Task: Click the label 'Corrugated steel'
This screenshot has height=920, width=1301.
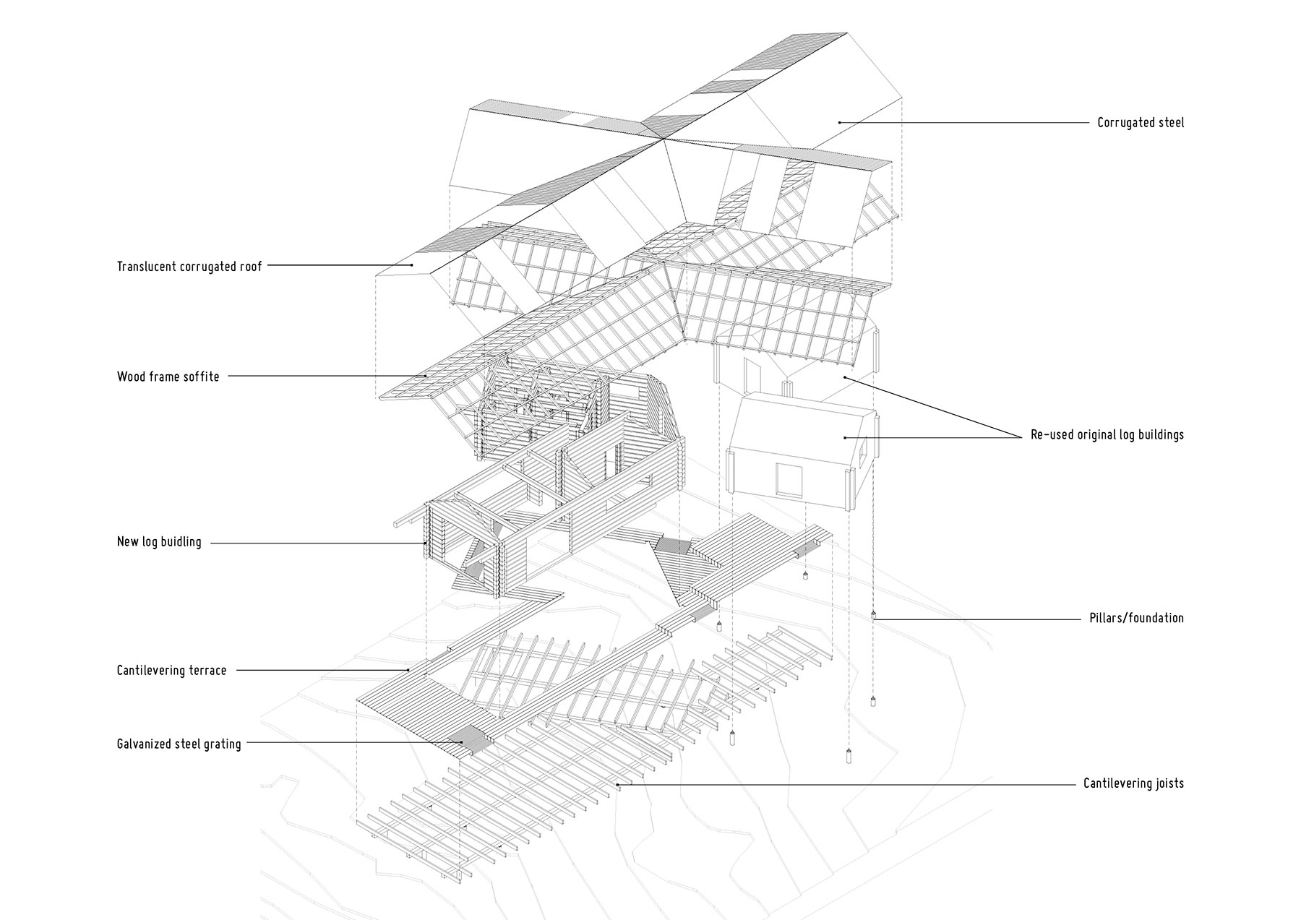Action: pyautogui.click(x=1141, y=123)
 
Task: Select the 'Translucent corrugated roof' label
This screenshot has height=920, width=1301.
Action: pyautogui.click(x=189, y=267)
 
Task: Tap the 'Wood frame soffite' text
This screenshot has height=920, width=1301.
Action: pyautogui.click(x=168, y=377)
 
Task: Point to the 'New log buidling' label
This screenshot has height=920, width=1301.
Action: pyautogui.click(x=159, y=542)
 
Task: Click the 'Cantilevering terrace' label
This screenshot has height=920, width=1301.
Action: pyautogui.click(x=172, y=671)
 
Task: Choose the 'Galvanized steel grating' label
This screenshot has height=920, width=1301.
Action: pyautogui.click(x=179, y=744)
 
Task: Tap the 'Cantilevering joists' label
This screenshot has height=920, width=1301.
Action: pyautogui.click(x=1133, y=783)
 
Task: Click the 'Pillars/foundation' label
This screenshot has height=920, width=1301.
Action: pyautogui.click(x=1137, y=618)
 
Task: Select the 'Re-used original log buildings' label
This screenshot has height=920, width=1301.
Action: pyautogui.click(x=1107, y=435)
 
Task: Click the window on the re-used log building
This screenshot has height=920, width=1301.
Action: pyautogui.click(x=789, y=479)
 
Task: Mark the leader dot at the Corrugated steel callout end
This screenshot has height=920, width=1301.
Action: pyautogui.click(x=839, y=123)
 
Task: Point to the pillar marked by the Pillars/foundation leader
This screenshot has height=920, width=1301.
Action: pyautogui.click(x=873, y=616)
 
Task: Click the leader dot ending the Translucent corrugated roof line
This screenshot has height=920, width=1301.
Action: pyautogui.click(x=412, y=266)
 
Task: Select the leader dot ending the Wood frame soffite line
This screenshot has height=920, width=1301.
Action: pyautogui.click(x=426, y=377)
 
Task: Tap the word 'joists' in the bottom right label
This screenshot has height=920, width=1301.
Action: pyautogui.click(x=1167, y=783)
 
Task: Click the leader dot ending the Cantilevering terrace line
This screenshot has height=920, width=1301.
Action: pyautogui.click(x=411, y=671)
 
